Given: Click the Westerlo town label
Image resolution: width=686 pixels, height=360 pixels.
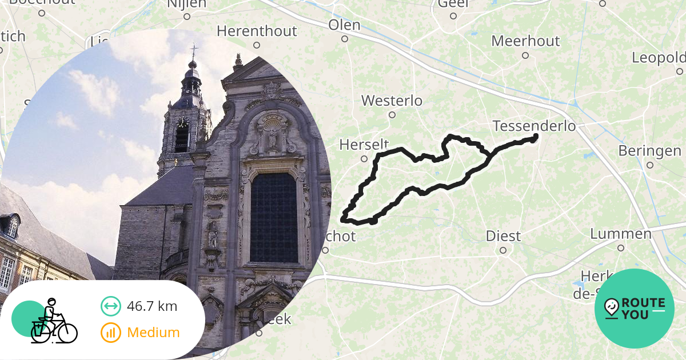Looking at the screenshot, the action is [392, 101].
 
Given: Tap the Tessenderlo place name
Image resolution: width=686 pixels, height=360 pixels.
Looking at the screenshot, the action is [534, 126].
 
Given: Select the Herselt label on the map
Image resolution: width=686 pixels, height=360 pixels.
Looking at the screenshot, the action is [364, 145].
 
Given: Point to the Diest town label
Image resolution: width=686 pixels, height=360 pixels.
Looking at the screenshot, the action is [503, 235].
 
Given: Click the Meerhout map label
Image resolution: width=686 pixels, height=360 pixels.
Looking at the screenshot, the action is [525, 41].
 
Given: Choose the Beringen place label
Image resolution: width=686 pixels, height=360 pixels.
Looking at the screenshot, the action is [649, 151].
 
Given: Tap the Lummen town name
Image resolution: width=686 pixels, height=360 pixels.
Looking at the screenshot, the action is [620, 234].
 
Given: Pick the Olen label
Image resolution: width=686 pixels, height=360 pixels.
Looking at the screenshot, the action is [344, 25].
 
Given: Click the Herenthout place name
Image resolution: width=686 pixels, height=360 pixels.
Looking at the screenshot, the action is [257, 31].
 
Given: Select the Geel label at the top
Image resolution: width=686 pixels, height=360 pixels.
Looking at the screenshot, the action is [453, 5].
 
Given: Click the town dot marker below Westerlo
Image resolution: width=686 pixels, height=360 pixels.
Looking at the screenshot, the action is [392, 115].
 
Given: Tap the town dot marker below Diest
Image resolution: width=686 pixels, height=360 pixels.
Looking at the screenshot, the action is [503, 250].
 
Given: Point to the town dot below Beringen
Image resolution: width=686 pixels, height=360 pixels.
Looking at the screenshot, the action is [650, 165].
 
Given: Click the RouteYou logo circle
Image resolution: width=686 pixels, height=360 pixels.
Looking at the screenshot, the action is [635, 309].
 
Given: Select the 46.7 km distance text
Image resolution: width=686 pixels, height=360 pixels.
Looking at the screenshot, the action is [152, 306].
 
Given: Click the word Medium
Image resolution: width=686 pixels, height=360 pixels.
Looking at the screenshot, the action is [153, 333].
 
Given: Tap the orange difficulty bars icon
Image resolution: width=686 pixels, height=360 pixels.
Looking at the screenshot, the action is [111, 333].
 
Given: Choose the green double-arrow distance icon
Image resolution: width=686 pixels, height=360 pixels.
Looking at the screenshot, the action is [111, 306].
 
